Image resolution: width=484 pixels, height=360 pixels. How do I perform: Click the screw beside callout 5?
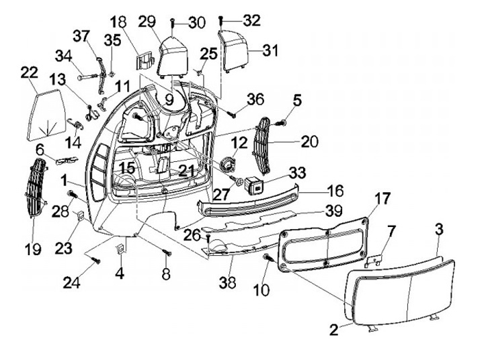coord(281,124)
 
